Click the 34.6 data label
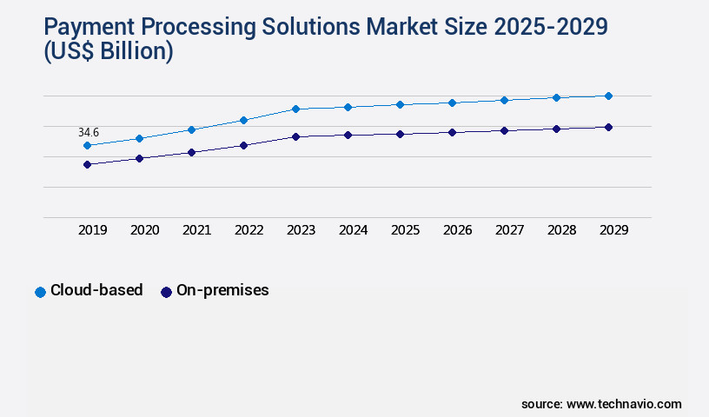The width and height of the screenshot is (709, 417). tap(89, 132)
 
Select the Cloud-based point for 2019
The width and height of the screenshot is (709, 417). tap(87, 146)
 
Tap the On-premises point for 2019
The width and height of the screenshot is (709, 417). tap(87, 164)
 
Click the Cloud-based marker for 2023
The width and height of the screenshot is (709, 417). tap(295, 109)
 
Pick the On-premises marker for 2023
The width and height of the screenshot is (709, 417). tap(295, 136)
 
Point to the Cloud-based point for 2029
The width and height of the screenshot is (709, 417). tap(608, 96)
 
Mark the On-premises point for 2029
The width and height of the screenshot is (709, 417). tap(608, 127)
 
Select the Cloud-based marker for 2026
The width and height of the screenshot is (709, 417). tap(452, 103)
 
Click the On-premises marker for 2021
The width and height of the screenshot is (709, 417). tap(191, 152)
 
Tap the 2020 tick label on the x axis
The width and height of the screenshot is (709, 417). tap(144, 230)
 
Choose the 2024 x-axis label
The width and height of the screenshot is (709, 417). tap(353, 230)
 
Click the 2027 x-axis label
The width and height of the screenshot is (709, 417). tap(509, 230)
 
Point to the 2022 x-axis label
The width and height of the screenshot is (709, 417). tap(248, 230)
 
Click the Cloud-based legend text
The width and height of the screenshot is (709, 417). tap(96, 290)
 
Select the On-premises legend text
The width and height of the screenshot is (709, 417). tap(222, 290)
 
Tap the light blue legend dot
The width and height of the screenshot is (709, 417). tap(40, 292)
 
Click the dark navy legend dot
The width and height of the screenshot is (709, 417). tap(166, 292)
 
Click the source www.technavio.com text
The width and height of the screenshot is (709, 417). tap(601, 404)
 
